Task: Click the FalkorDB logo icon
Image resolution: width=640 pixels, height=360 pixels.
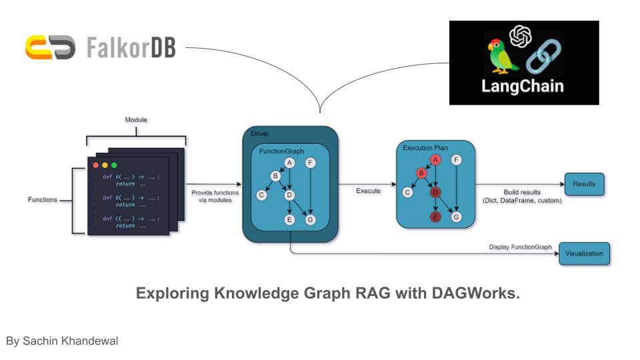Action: [x=51, y=47]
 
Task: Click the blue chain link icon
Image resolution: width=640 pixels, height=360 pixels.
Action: [x=543, y=59]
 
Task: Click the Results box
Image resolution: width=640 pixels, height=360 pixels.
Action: [x=584, y=183]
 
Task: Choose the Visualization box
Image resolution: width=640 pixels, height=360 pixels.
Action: [x=584, y=253]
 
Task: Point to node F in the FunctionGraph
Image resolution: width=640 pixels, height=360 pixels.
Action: [x=310, y=162]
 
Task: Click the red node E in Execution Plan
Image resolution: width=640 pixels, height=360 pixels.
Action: [x=435, y=216]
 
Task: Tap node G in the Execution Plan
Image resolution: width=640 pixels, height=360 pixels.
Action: [x=456, y=216]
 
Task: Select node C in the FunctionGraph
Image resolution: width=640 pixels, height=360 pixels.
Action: [x=261, y=195]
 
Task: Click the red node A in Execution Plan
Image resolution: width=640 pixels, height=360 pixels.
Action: [x=435, y=159]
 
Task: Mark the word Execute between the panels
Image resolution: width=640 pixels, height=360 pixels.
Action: [x=367, y=191]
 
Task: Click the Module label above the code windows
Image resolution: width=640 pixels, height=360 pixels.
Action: [x=136, y=120]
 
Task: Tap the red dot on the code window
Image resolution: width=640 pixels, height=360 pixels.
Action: [x=95, y=165]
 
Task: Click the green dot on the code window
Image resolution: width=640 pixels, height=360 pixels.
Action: [x=114, y=165]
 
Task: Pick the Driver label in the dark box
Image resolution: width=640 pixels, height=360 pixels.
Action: [x=260, y=134]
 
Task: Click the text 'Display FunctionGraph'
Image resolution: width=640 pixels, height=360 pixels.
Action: [x=520, y=247]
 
